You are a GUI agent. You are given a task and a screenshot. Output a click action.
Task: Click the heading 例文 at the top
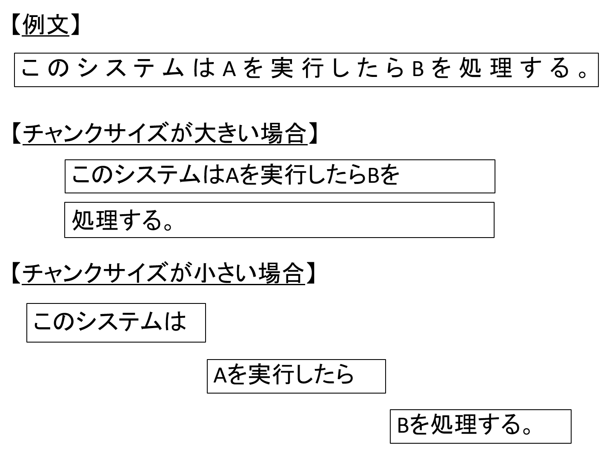46,25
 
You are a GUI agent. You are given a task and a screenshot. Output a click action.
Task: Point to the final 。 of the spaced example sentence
582,75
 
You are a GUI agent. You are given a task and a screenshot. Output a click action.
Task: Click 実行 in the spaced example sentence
297,68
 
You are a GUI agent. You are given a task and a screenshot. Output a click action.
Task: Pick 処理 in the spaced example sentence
486,68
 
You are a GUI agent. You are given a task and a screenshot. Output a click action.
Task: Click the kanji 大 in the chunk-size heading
205,133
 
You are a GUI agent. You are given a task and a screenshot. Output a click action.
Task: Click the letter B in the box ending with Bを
373,176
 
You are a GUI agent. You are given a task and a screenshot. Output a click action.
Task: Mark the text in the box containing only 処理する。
122,220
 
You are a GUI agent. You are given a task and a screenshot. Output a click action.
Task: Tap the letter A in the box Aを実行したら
220,376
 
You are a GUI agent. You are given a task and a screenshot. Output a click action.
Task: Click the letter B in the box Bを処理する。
403,426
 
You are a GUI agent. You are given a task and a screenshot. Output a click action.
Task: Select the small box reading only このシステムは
116,323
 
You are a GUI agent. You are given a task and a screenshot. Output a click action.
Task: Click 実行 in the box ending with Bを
283,175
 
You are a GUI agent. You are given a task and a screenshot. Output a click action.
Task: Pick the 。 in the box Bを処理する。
526,431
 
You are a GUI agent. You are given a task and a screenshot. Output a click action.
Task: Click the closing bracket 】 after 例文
75,25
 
